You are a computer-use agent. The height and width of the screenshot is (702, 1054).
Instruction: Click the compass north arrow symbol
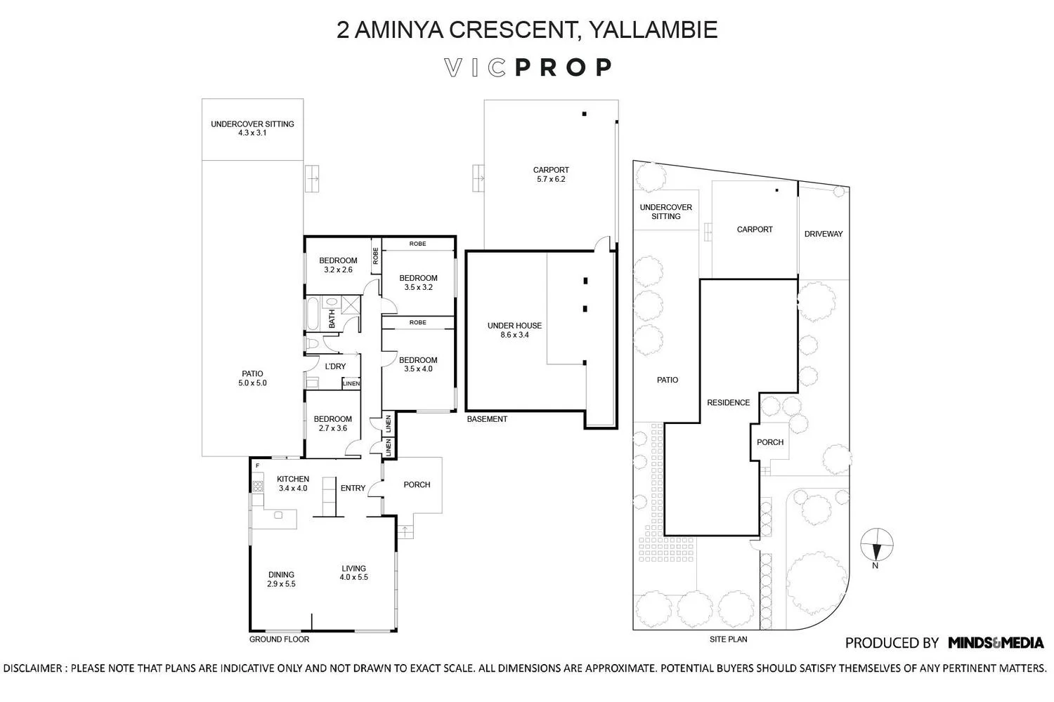[x=877, y=545]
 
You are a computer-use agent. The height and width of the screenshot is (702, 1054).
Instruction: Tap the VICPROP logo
[x=528, y=67]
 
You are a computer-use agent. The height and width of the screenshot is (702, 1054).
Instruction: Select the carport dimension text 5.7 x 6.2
[x=550, y=179]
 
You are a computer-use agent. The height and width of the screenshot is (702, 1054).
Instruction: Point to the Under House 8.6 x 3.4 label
[x=514, y=330]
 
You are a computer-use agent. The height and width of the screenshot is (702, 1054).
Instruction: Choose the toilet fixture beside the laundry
[x=313, y=343]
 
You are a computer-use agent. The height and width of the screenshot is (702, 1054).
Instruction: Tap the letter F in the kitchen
[x=257, y=466]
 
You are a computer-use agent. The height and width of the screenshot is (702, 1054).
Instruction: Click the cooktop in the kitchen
[x=257, y=486]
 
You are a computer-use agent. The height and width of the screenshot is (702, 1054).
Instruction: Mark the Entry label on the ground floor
[x=353, y=488]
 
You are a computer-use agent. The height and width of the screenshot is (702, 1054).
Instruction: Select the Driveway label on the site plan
[x=824, y=234]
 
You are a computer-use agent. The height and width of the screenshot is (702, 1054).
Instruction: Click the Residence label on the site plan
[x=729, y=402]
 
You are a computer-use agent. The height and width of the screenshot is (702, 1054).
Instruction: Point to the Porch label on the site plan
[x=770, y=442]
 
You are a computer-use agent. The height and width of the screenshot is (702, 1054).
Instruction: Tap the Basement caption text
[x=487, y=419]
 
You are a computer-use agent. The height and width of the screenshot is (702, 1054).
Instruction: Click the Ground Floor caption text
[x=279, y=639]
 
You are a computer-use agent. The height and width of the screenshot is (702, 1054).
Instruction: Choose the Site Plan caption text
[x=729, y=639]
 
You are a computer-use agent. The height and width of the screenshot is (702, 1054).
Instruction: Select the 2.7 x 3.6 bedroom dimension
[x=332, y=428]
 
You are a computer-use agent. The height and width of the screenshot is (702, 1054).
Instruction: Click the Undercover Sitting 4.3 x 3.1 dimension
[x=252, y=133]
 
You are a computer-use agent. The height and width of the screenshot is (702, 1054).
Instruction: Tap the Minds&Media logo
[x=996, y=642]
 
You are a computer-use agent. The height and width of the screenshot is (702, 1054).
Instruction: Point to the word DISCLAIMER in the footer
[x=32, y=668]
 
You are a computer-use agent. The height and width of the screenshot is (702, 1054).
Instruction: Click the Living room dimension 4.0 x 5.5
[x=354, y=577]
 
